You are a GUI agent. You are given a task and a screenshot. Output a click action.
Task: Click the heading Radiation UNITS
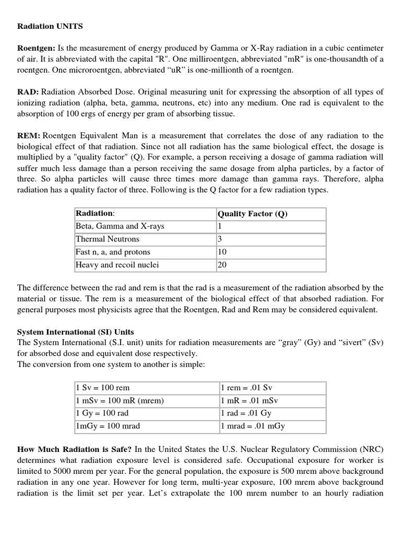[x=50, y=26]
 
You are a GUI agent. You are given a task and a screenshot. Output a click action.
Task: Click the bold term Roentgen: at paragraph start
[x=36, y=48]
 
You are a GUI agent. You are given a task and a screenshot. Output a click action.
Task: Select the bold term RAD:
[x=28, y=92]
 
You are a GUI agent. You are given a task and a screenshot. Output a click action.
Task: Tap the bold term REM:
[x=29, y=136]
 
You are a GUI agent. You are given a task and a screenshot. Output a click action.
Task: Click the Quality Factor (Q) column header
[x=252, y=213]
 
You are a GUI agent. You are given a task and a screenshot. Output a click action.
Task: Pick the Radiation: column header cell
[x=95, y=213]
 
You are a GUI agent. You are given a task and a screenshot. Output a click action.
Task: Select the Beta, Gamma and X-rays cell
[x=116, y=226]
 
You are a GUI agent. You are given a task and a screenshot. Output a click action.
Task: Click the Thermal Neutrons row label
[x=108, y=239]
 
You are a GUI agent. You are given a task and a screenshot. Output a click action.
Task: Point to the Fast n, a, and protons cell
[x=113, y=252]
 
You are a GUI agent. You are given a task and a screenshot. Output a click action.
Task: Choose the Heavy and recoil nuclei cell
[x=117, y=265]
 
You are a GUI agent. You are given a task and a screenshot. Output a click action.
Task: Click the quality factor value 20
[x=222, y=265]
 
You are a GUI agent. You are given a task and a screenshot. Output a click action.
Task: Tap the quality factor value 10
[x=222, y=252]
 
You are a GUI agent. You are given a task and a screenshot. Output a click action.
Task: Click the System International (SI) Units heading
[x=76, y=332]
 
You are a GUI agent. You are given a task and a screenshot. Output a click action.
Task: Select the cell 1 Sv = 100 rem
[x=103, y=388]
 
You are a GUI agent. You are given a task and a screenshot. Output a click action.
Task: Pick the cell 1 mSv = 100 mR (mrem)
[x=120, y=401]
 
